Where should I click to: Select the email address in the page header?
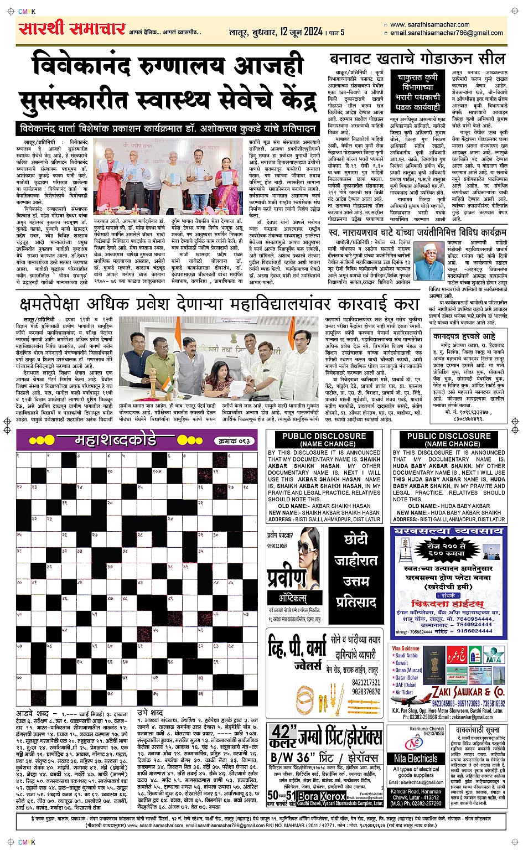447,33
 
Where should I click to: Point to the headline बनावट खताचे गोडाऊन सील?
417,59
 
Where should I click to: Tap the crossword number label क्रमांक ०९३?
234,441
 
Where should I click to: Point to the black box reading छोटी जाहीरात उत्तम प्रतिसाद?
355,570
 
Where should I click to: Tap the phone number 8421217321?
366,683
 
